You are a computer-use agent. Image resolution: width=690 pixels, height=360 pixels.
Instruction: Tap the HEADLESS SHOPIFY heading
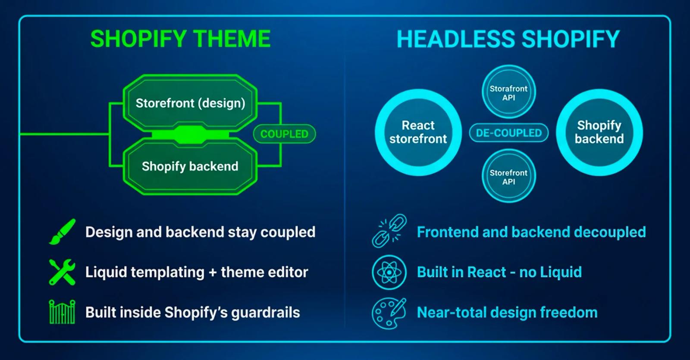[508, 39]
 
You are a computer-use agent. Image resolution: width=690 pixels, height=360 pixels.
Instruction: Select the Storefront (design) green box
[190, 103]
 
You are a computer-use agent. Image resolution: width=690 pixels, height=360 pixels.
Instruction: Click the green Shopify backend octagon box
[190, 166]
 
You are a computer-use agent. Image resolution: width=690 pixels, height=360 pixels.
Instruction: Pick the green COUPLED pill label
[284, 134]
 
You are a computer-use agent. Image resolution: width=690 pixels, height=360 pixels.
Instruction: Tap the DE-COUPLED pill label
[508, 133]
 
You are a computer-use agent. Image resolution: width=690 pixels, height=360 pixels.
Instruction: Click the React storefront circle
[418, 132]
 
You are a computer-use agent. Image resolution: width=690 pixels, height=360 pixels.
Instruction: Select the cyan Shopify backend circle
[599, 132]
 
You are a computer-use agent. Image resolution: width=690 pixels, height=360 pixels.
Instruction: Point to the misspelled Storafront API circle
[508, 92]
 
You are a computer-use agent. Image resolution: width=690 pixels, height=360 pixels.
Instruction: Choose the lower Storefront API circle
[508, 176]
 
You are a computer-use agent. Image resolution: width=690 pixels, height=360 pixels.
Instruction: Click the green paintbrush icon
[62, 232]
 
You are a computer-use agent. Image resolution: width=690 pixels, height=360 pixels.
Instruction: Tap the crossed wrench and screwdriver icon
[62, 272]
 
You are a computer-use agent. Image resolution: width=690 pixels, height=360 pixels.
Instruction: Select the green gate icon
[62, 312]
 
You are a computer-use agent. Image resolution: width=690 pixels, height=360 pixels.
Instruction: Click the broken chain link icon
[389, 231]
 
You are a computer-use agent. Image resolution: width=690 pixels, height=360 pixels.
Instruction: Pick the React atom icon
[389, 272]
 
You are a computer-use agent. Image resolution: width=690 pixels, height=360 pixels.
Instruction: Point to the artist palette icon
[389, 313]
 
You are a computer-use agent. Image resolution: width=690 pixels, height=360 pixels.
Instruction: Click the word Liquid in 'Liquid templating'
[106, 272]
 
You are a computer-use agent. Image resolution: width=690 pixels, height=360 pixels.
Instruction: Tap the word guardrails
[266, 312]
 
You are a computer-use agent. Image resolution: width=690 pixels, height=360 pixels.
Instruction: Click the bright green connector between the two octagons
[190, 135]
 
